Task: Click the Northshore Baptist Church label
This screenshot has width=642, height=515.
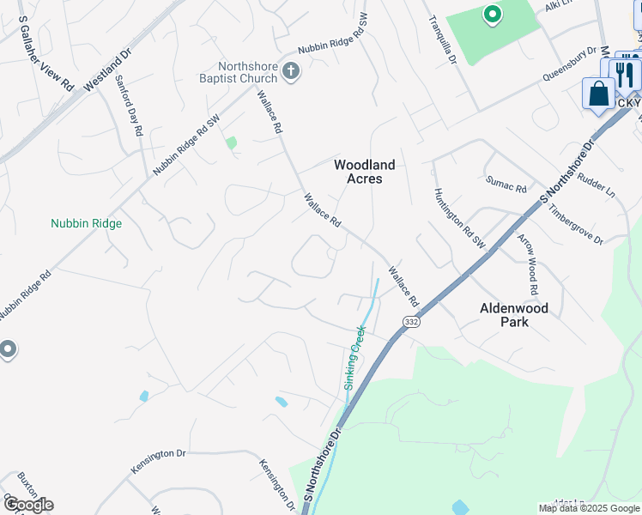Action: [247, 72]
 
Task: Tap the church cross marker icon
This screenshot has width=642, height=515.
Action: [291, 70]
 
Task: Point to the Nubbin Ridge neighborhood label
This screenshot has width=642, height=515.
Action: [86, 223]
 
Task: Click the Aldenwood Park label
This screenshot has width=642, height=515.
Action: [514, 314]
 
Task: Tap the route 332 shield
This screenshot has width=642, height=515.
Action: [410, 320]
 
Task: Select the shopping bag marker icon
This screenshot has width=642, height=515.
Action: [598, 94]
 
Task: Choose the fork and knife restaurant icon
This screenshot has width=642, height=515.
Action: [624, 74]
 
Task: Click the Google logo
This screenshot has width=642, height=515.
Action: [27, 505]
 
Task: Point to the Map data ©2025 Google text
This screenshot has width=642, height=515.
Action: [590, 508]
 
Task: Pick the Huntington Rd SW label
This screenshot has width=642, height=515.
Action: [459, 220]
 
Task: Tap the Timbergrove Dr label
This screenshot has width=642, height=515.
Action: [575, 224]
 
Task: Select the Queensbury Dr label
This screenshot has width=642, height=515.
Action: [569, 64]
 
